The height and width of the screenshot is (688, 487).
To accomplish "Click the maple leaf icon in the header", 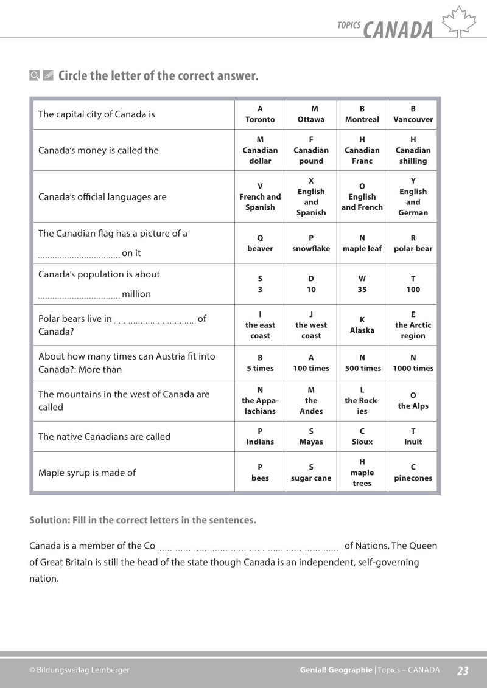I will [458, 23].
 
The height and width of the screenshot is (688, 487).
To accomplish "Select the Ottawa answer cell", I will [310, 114].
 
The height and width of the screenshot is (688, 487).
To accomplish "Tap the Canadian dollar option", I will [260, 150].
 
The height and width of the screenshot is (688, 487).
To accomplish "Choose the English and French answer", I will [362, 196].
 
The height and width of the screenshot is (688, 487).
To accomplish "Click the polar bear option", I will [413, 243].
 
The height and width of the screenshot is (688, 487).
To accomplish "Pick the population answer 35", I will [362, 284].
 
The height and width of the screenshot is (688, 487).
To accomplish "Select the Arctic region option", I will [413, 325].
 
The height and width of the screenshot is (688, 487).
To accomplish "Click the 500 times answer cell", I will [362, 363].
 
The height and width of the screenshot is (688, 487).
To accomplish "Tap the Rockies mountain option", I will [362, 400].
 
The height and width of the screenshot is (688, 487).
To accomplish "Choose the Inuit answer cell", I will [413, 436].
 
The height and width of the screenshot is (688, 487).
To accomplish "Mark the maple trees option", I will [362, 473].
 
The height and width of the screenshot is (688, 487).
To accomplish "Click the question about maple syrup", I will [87, 473].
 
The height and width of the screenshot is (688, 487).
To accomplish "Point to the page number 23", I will [463, 670].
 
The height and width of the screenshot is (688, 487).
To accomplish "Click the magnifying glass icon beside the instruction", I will [35, 76].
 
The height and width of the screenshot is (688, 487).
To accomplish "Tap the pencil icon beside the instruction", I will [48, 76].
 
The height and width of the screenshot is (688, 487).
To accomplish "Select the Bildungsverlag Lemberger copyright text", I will [79, 670].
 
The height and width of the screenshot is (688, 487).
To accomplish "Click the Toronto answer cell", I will [260, 114].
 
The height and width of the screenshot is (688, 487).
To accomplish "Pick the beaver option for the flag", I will [260, 243].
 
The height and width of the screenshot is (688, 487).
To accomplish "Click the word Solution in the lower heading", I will [47, 520].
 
